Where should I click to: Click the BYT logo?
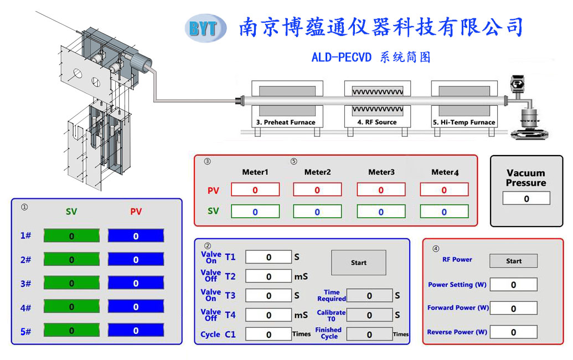[x=205, y=28]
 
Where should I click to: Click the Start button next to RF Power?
[x=513, y=261]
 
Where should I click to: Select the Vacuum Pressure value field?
[x=526, y=198]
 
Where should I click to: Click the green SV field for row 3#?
[x=71, y=283]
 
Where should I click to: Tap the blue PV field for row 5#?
[x=136, y=331]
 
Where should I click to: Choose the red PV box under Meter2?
[x=317, y=189]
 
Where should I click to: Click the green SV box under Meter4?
[x=444, y=212]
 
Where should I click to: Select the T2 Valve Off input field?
[x=269, y=276]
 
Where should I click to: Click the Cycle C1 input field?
[x=269, y=334]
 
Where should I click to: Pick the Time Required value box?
[x=369, y=295]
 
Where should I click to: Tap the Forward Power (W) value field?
[x=513, y=308]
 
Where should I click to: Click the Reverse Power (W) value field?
[x=513, y=332]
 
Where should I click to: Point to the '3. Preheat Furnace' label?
[x=286, y=122]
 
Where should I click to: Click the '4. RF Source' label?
[x=377, y=122]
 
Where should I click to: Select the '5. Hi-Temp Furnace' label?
[x=464, y=122]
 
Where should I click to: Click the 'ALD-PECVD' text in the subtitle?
[x=342, y=57]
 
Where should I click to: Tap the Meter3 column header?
[x=381, y=172]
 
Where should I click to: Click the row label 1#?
[x=25, y=235]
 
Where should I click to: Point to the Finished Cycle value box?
[x=369, y=334]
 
